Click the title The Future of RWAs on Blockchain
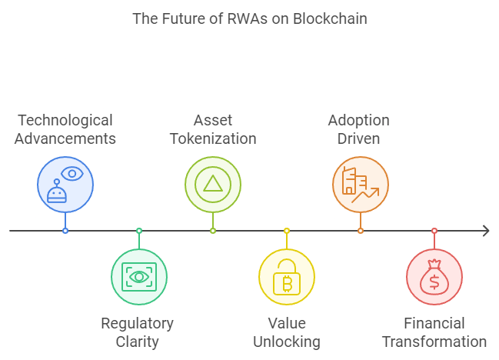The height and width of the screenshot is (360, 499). pyautogui.click(x=250, y=18)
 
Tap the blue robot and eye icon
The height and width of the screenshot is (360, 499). pyautogui.click(x=65, y=185)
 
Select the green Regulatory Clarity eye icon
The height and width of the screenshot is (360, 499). pyautogui.click(x=139, y=277)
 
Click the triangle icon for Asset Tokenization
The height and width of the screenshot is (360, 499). pyautogui.click(x=213, y=185)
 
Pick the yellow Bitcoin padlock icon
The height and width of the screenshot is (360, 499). pyautogui.click(x=287, y=277)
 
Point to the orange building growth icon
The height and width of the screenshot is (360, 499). pyautogui.click(x=361, y=185)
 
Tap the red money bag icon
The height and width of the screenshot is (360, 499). pyautogui.click(x=434, y=277)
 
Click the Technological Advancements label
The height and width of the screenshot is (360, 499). pyautogui.click(x=65, y=129)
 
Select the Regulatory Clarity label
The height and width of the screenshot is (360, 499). pyautogui.click(x=138, y=332)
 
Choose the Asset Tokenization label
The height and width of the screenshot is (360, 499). pyautogui.click(x=213, y=129)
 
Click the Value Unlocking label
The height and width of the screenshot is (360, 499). pyautogui.click(x=287, y=332)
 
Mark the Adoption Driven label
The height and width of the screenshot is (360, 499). pyautogui.click(x=359, y=129)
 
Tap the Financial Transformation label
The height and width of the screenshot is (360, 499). pyautogui.click(x=434, y=332)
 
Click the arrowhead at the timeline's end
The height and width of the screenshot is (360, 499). pyautogui.click(x=486, y=231)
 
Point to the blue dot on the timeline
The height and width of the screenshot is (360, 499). pyautogui.click(x=65, y=231)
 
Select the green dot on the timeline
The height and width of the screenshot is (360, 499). pyautogui.click(x=139, y=231)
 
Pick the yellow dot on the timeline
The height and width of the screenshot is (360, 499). pyautogui.click(x=287, y=231)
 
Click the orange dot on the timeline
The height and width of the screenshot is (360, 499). pyautogui.click(x=361, y=231)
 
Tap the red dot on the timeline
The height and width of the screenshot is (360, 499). pyautogui.click(x=434, y=231)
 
